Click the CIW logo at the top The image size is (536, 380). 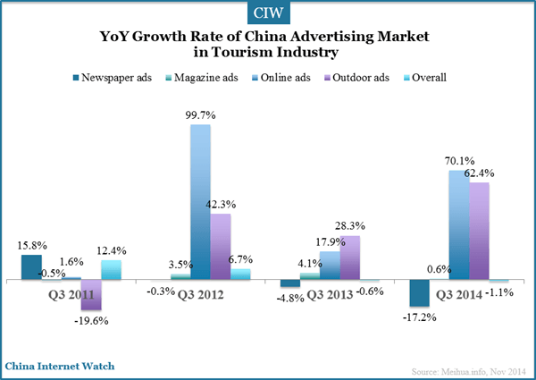click(x=267, y=14)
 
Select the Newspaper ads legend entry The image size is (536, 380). click(x=120, y=77)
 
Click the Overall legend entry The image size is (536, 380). click(x=429, y=77)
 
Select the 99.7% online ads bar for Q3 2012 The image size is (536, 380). click(x=200, y=201)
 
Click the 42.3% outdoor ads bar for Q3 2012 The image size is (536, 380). click(x=220, y=246)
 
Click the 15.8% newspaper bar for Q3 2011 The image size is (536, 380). click(x=31, y=266)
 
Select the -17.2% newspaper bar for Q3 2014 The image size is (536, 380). click(x=417, y=292)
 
